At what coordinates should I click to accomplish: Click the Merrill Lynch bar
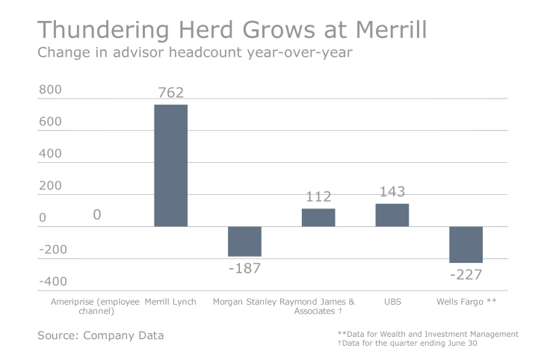coord(170,165)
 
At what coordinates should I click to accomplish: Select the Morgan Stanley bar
coord(244,241)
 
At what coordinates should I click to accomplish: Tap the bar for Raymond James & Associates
coord(318,217)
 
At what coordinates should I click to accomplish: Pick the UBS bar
coord(392,215)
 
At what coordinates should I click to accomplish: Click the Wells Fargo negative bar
coord(466,244)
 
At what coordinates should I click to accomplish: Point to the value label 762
coord(170,93)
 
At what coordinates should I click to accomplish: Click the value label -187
coord(244,268)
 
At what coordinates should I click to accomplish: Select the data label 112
coord(318,197)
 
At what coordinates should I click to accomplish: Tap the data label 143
coord(392,192)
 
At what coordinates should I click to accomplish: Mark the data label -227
coord(466,275)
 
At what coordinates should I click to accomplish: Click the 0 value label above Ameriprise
coord(97,215)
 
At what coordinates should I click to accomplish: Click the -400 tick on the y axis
coord(52,282)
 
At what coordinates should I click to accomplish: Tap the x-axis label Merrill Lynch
coord(170,302)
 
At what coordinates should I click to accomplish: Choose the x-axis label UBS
coord(392,302)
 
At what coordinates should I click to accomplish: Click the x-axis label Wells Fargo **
coord(466,302)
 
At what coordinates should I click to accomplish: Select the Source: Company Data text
coord(100,335)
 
